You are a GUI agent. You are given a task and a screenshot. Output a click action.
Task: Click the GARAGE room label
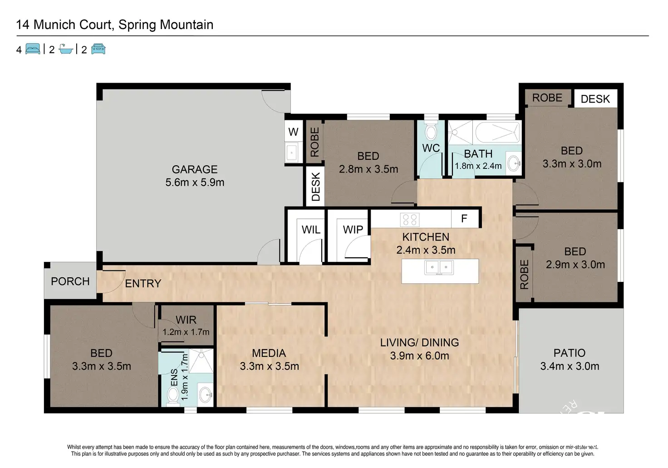195,169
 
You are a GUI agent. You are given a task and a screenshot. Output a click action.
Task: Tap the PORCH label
70,281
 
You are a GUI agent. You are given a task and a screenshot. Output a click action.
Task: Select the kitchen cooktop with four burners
410,220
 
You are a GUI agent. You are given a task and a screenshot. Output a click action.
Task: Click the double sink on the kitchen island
439,267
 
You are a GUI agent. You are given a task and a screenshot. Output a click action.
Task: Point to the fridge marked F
465,219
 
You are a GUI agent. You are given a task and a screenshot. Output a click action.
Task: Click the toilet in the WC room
431,131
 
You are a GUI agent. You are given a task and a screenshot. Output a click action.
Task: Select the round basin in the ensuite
206,394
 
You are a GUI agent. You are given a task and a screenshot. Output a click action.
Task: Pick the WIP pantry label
353,229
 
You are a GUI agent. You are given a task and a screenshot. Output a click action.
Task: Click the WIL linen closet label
311,229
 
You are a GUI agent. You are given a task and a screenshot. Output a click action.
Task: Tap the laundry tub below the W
291,153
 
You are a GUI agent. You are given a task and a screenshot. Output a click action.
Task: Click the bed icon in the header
33,49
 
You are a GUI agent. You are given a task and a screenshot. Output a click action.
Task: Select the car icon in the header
98,49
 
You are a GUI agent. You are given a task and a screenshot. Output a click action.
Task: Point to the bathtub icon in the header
66,49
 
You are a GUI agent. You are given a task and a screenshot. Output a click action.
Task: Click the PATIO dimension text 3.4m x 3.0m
570,366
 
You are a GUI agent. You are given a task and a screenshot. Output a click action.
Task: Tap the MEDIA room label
269,353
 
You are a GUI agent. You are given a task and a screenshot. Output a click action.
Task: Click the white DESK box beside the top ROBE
595,99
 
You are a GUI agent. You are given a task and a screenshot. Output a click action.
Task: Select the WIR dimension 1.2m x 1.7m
186,332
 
